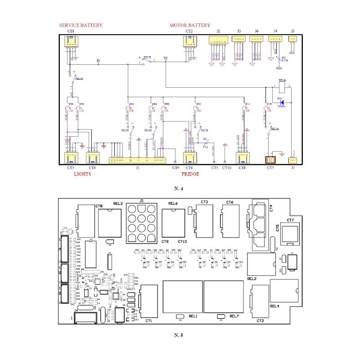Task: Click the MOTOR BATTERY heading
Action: (x=189, y=25)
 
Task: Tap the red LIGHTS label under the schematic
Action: (x=82, y=174)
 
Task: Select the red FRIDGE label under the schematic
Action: (x=190, y=174)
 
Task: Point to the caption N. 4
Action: (x=180, y=188)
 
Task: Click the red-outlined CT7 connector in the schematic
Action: (x=270, y=160)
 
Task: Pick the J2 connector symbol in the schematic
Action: (x=218, y=40)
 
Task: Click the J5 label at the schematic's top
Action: (x=293, y=31)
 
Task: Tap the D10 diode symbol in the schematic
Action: (x=281, y=102)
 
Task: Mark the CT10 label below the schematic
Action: (x=227, y=168)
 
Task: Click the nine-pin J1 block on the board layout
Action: (x=142, y=222)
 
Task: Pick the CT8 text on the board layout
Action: (x=99, y=206)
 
